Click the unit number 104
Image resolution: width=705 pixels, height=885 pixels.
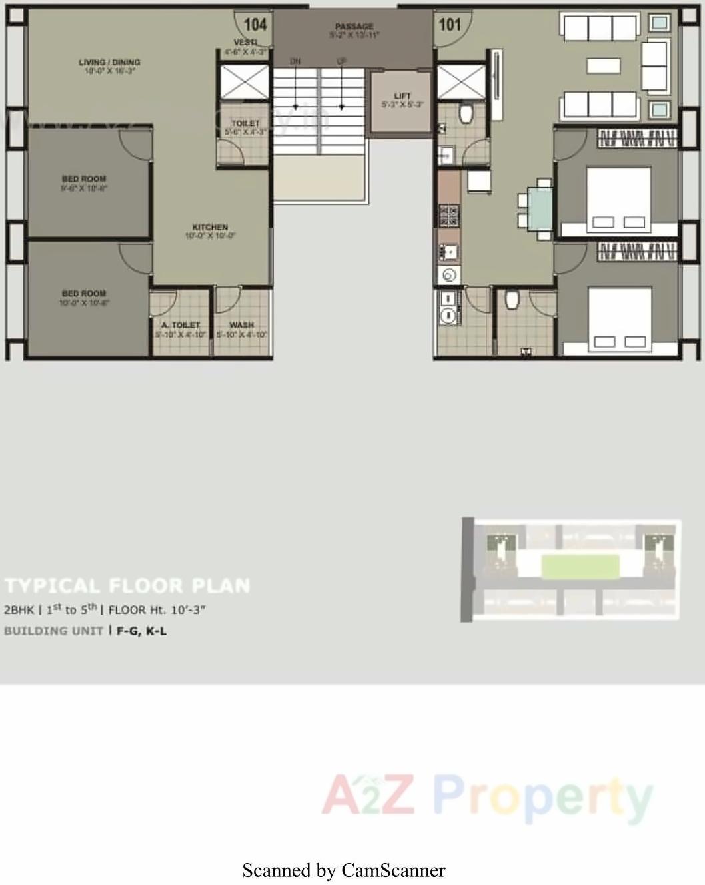tap(255, 25)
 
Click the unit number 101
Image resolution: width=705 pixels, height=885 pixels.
tap(450, 25)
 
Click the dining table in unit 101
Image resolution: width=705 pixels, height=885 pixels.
tap(540, 209)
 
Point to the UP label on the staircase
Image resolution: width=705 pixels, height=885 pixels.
tap(341, 61)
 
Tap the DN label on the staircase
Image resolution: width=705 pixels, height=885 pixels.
tap(295, 61)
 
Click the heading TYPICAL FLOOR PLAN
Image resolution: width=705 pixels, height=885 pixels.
tap(127, 586)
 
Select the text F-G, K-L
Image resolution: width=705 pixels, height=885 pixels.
tap(141, 631)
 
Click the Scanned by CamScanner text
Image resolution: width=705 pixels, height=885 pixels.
tap(344, 870)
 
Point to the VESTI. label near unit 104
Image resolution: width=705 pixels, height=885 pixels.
tap(245, 43)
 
